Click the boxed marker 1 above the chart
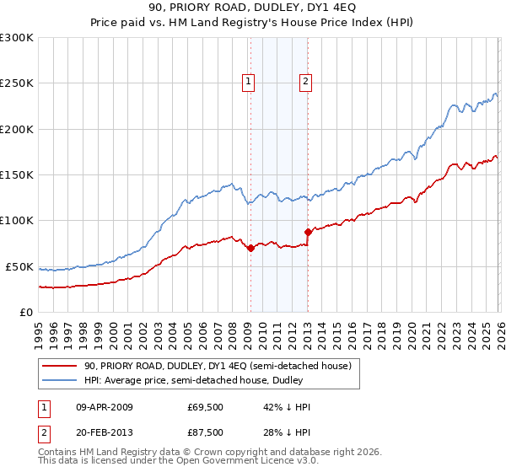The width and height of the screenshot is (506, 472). pyautogui.click(x=250, y=82)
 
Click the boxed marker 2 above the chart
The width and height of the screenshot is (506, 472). pyautogui.click(x=305, y=82)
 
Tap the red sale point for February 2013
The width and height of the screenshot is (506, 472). pyautogui.click(x=308, y=232)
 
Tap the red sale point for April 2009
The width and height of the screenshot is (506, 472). pyautogui.click(x=250, y=249)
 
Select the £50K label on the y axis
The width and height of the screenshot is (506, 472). pyautogui.click(x=19, y=266)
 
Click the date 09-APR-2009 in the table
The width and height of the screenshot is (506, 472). pyautogui.click(x=105, y=407)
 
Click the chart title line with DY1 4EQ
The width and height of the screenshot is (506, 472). pyautogui.click(x=252, y=8)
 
